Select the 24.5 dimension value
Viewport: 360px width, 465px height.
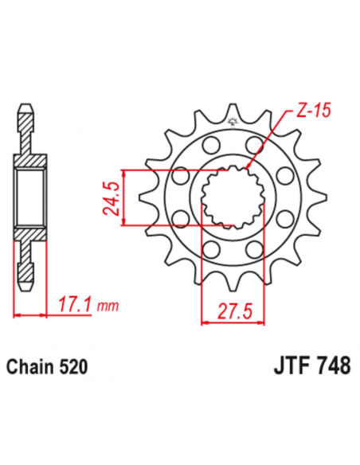[x=112, y=197]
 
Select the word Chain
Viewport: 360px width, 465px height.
[x=29, y=367]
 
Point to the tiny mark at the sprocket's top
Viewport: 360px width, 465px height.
[x=233, y=122]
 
